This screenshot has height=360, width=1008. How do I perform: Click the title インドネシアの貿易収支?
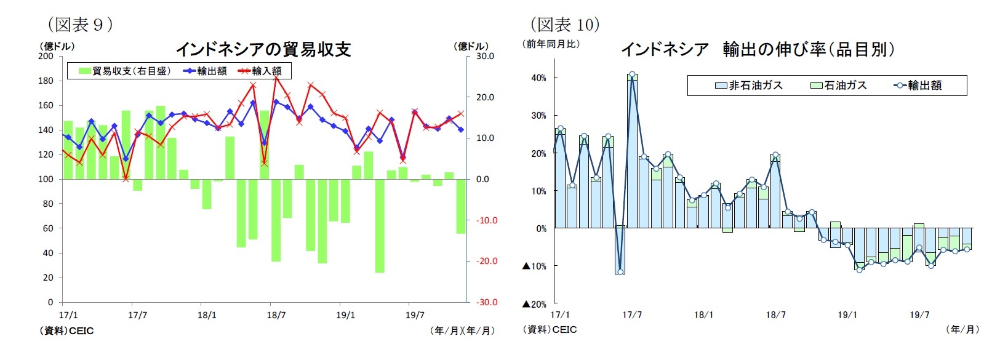click(x=263, y=49)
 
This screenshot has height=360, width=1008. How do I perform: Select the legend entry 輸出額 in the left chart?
click(x=206, y=71)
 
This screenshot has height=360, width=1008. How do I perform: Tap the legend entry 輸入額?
click(x=260, y=71)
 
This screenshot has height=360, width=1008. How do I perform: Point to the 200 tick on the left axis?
click(x=46, y=56)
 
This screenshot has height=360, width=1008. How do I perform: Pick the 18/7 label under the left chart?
click(x=276, y=316)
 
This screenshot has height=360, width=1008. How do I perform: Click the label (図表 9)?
click(x=80, y=25)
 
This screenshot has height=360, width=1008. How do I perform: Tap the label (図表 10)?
click(x=565, y=25)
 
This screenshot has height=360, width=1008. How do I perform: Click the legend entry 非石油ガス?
click(x=749, y=86)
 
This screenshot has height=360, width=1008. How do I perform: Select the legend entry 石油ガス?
click(x=839, y=86)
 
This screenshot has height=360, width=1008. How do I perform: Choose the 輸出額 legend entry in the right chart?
click(x=918, y=86)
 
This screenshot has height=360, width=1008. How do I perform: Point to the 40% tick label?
click(x=538, y=78)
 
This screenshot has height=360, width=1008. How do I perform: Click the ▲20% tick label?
click(x=534, y=304)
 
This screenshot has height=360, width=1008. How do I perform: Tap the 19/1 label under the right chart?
click(x=847, y=315)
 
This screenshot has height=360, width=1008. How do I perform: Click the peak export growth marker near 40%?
click(x=632, y=74)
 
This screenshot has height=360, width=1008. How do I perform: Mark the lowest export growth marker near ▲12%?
click(x=620, y=271)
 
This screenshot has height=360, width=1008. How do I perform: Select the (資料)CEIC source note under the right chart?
click(x=550, y=330)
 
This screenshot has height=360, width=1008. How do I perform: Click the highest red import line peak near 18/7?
click(x=276, y=78)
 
